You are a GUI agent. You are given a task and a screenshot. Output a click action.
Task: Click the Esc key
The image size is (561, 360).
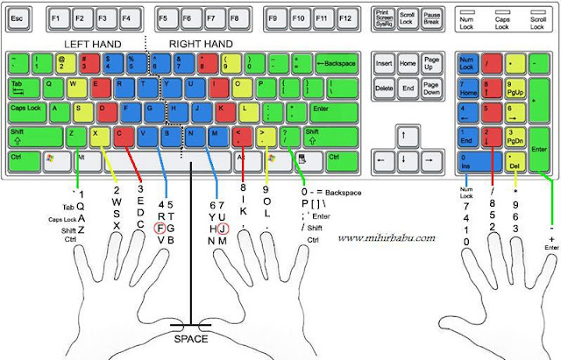(x=18, y=18)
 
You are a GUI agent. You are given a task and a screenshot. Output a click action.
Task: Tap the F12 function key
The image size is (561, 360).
(x=346, y=18)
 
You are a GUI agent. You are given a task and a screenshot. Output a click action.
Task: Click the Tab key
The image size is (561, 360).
(x=20, y=88)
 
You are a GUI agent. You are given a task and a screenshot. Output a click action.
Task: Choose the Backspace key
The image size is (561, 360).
(x=336, y=65)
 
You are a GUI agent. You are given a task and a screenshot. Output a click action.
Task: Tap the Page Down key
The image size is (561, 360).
(x=431, y=88)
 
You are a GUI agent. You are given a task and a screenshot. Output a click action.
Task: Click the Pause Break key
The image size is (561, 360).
(x=431, y=18)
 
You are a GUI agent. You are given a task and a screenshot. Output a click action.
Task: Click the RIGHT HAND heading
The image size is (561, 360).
(x=201, y=44)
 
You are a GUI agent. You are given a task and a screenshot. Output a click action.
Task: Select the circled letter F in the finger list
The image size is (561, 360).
(x=160, y=228)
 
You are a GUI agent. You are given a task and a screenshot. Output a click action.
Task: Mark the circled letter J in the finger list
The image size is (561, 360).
(x=223, y=228)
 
